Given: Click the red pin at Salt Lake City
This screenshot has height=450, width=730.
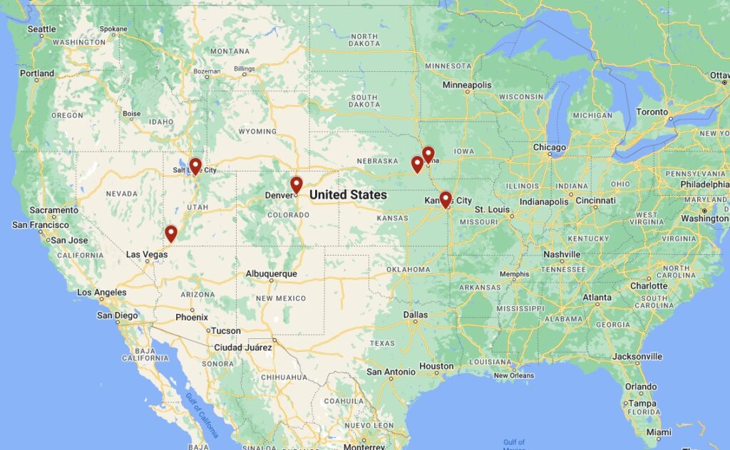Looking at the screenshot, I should tap(195, 166).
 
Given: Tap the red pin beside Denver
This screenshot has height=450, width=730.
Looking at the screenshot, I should tap(297, 184).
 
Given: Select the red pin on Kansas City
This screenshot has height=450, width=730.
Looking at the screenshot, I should tap(446, 199).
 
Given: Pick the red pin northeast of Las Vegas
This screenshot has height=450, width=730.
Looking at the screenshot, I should tap(171, 233).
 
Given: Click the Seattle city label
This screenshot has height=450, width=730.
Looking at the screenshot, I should tap(41, 29).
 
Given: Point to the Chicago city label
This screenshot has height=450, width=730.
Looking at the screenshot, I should tap(549, 147).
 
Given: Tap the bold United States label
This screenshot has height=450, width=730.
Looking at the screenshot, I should tap(348, 194).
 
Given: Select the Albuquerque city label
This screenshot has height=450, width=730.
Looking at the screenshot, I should tap(271, 273).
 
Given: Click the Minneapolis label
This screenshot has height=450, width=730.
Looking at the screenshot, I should tap(467, 85).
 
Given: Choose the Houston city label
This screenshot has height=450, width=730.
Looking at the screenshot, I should tap(436, 366).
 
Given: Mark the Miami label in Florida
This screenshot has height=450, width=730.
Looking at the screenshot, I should tap(658, 432).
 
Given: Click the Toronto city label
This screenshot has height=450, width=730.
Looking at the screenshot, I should tap(652, 112).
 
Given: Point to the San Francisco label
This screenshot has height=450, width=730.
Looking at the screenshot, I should tap(41, 225).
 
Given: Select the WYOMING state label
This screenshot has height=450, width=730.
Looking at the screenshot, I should tap(257, 131).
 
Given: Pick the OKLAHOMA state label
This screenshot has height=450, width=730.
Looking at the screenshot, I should tap(409, 269).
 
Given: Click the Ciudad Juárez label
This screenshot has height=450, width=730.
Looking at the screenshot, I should tap(243, 347).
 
